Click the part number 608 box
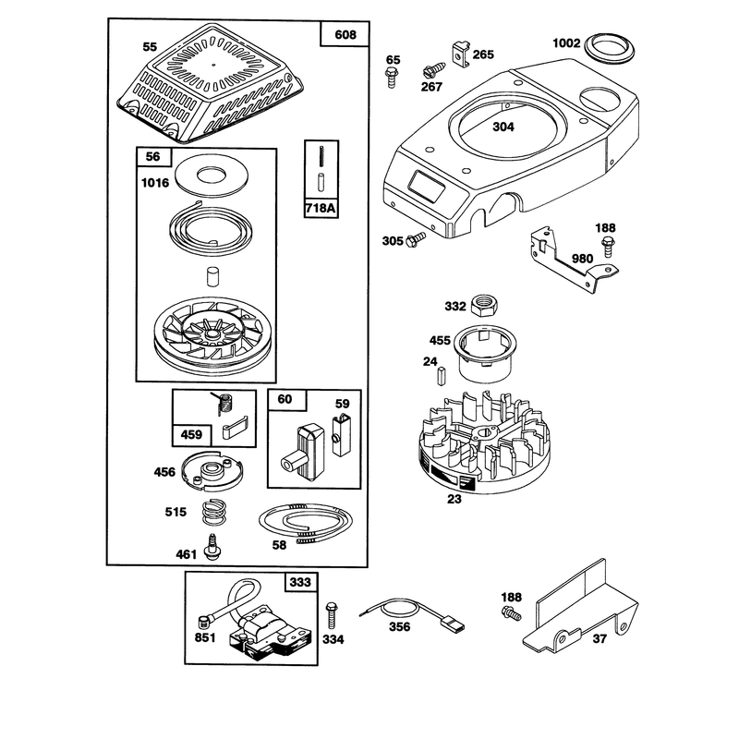[x=345, y=34]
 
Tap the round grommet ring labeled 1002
[x=610, y=49]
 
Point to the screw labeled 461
[x=212, y=547]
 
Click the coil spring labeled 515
[x=213, y=512]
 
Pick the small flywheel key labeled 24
[x=442, y=377]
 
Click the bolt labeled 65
[x=392, y=78]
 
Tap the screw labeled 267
[x=433, y=70]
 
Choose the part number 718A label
[x=321, y=208]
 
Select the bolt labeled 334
[x=332, y=615]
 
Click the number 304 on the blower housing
[x=503, y=127]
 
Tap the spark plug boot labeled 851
[x=204, y=622]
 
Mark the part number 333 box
[x=301, y=582]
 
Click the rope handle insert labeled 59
[x=341, y=433]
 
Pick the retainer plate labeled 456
[x=212, y=471]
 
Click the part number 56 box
[x=153, y=156]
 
